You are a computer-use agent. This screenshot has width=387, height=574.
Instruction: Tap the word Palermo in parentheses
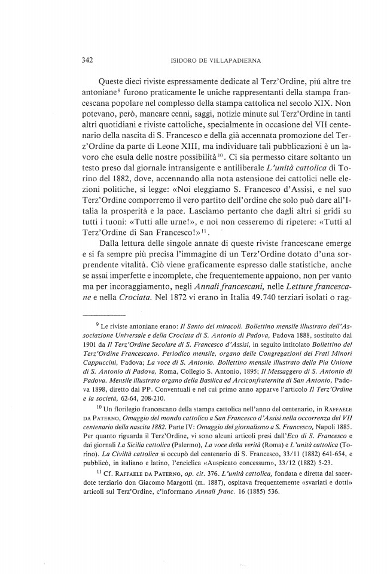tap(178, 456)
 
